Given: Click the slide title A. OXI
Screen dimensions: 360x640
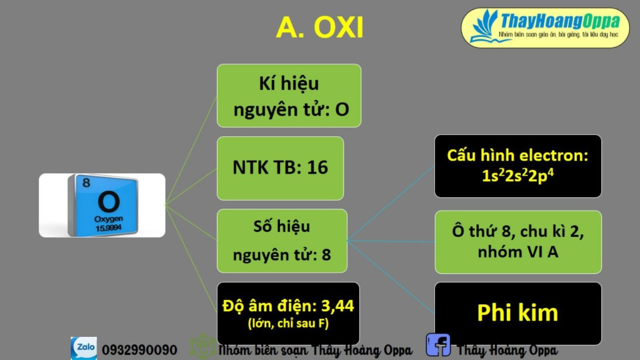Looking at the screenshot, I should click(x=319, y=27).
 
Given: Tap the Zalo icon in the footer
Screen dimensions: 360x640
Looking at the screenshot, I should click(x=83, y=348).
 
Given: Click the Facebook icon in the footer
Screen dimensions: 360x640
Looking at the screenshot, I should click(x=438, y=346).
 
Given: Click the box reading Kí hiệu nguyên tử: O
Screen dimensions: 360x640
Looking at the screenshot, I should click(x=289, y=96).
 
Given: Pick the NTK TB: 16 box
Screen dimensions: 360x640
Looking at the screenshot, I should click(x=280, y=167).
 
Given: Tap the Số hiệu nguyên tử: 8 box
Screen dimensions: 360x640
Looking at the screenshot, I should click(x=281, y=241).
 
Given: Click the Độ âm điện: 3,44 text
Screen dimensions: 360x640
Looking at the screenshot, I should click(x=288, y=306).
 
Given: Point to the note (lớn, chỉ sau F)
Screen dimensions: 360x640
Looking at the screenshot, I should click(x=288, y=323).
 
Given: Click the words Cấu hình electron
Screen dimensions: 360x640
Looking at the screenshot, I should click(x=518, y=156).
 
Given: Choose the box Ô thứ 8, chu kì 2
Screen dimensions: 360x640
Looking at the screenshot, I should click(x=518, y=231).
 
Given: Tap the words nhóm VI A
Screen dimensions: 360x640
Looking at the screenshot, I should click(x=518, y=252).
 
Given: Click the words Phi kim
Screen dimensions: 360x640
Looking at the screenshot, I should click(x=517, y=312).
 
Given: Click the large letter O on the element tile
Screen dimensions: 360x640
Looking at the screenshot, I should click(x=107, y=202).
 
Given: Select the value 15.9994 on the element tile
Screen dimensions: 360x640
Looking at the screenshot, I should click(x=108, y=228).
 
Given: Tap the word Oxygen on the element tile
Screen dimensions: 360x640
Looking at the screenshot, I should click(x=108, y=219).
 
